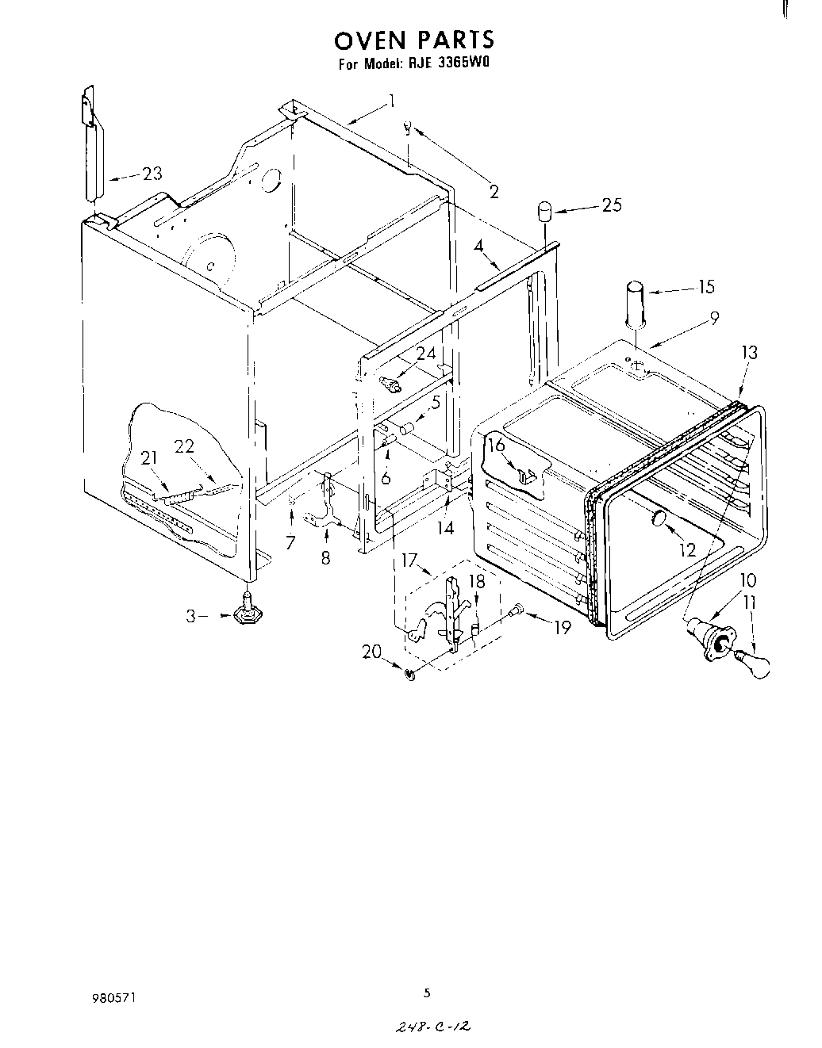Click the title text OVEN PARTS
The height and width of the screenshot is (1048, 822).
point(414,39)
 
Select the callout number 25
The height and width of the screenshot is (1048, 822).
point(611,205)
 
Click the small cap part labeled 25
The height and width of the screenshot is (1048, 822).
point(544,212)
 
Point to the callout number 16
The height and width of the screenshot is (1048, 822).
point(497,445)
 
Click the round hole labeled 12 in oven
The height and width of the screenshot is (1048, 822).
point(658,519)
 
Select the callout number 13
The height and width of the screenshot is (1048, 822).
point(749,353)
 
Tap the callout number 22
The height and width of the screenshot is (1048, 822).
point(184,446)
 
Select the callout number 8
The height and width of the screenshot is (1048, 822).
point(325,558)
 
